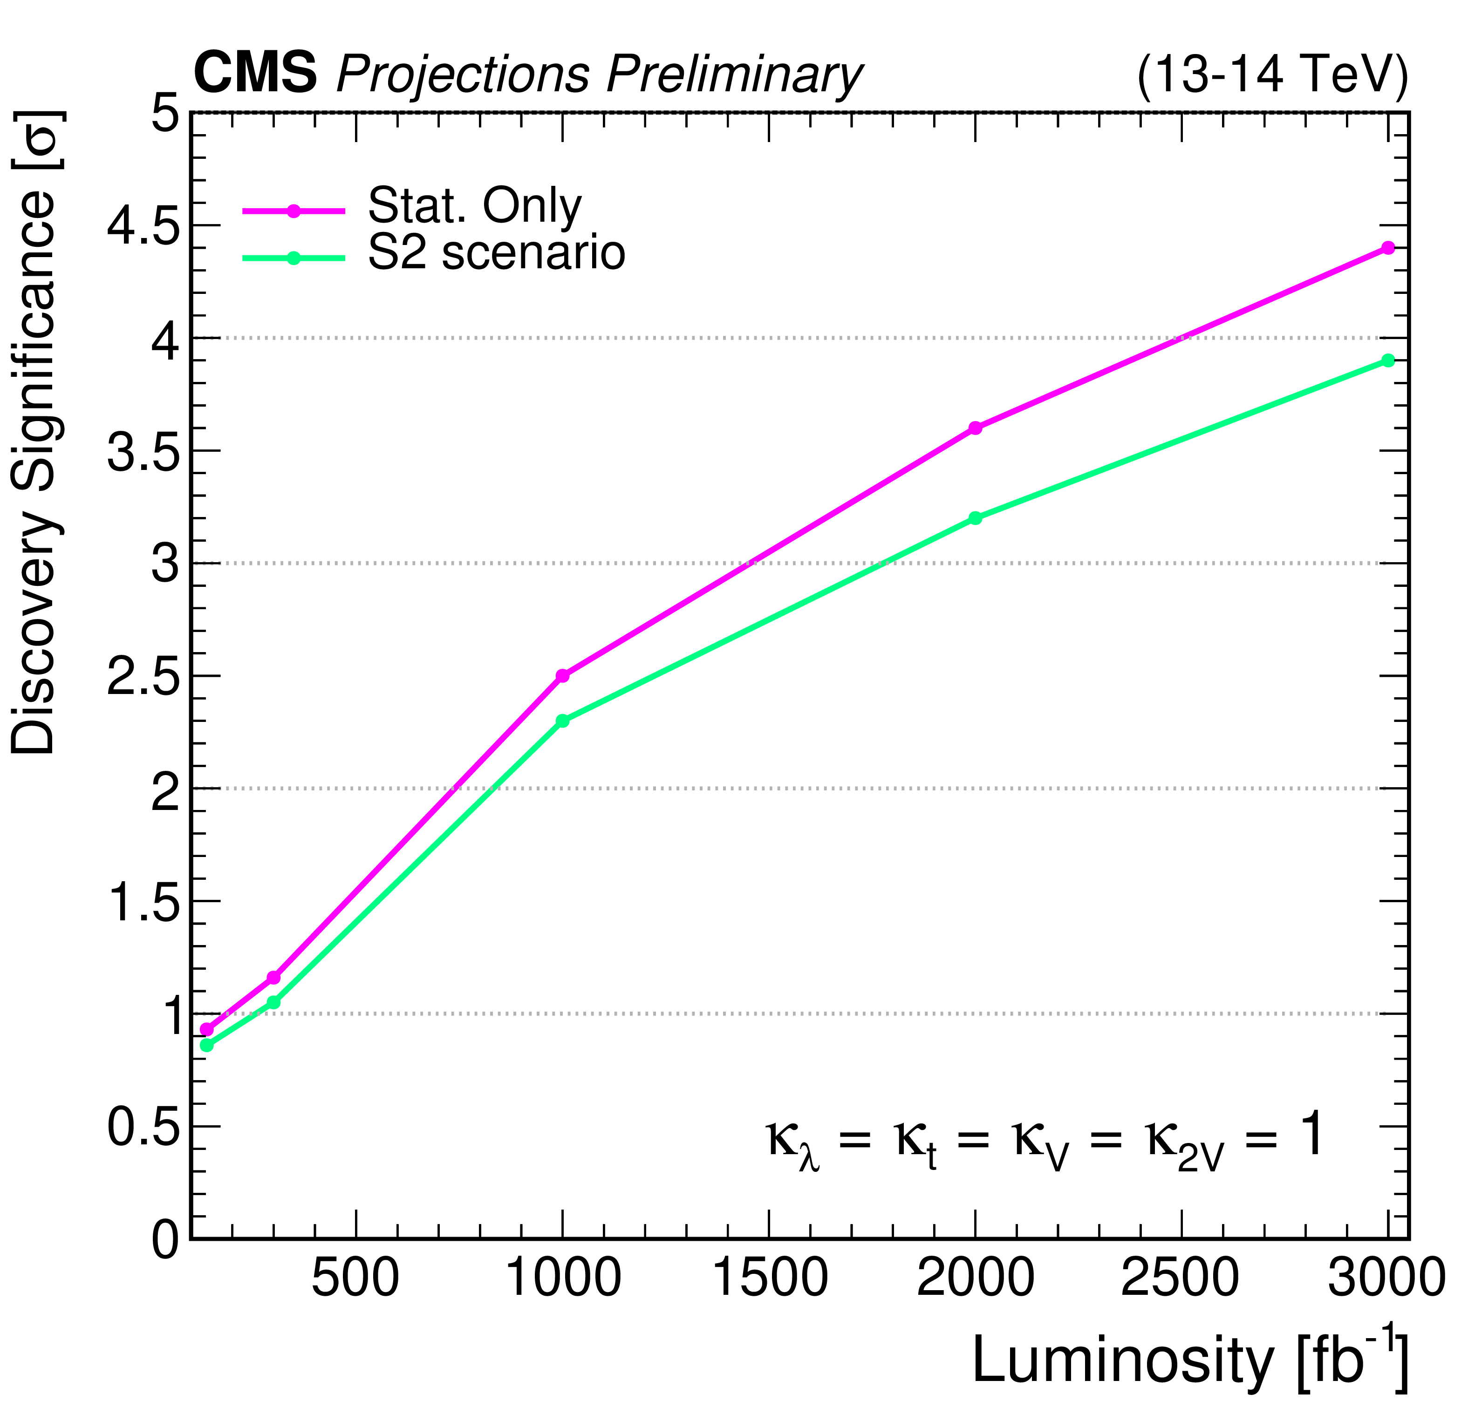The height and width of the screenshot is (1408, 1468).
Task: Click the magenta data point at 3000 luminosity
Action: (x=1388, y=248)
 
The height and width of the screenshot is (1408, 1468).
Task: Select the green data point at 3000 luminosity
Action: (x=1388, y=360)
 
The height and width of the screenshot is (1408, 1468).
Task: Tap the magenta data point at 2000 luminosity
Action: (x=975, y=428)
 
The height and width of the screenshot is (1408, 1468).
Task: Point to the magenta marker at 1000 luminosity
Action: (x=562, y=675)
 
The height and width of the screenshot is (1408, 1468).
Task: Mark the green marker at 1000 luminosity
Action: (x=562, y=721)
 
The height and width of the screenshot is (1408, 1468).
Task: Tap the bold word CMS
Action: (x=255, y=74)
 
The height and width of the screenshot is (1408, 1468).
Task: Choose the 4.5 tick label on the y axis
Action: (x=144, y=227)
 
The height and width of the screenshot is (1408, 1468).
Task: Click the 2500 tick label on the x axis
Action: (x=1181, y=1277)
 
